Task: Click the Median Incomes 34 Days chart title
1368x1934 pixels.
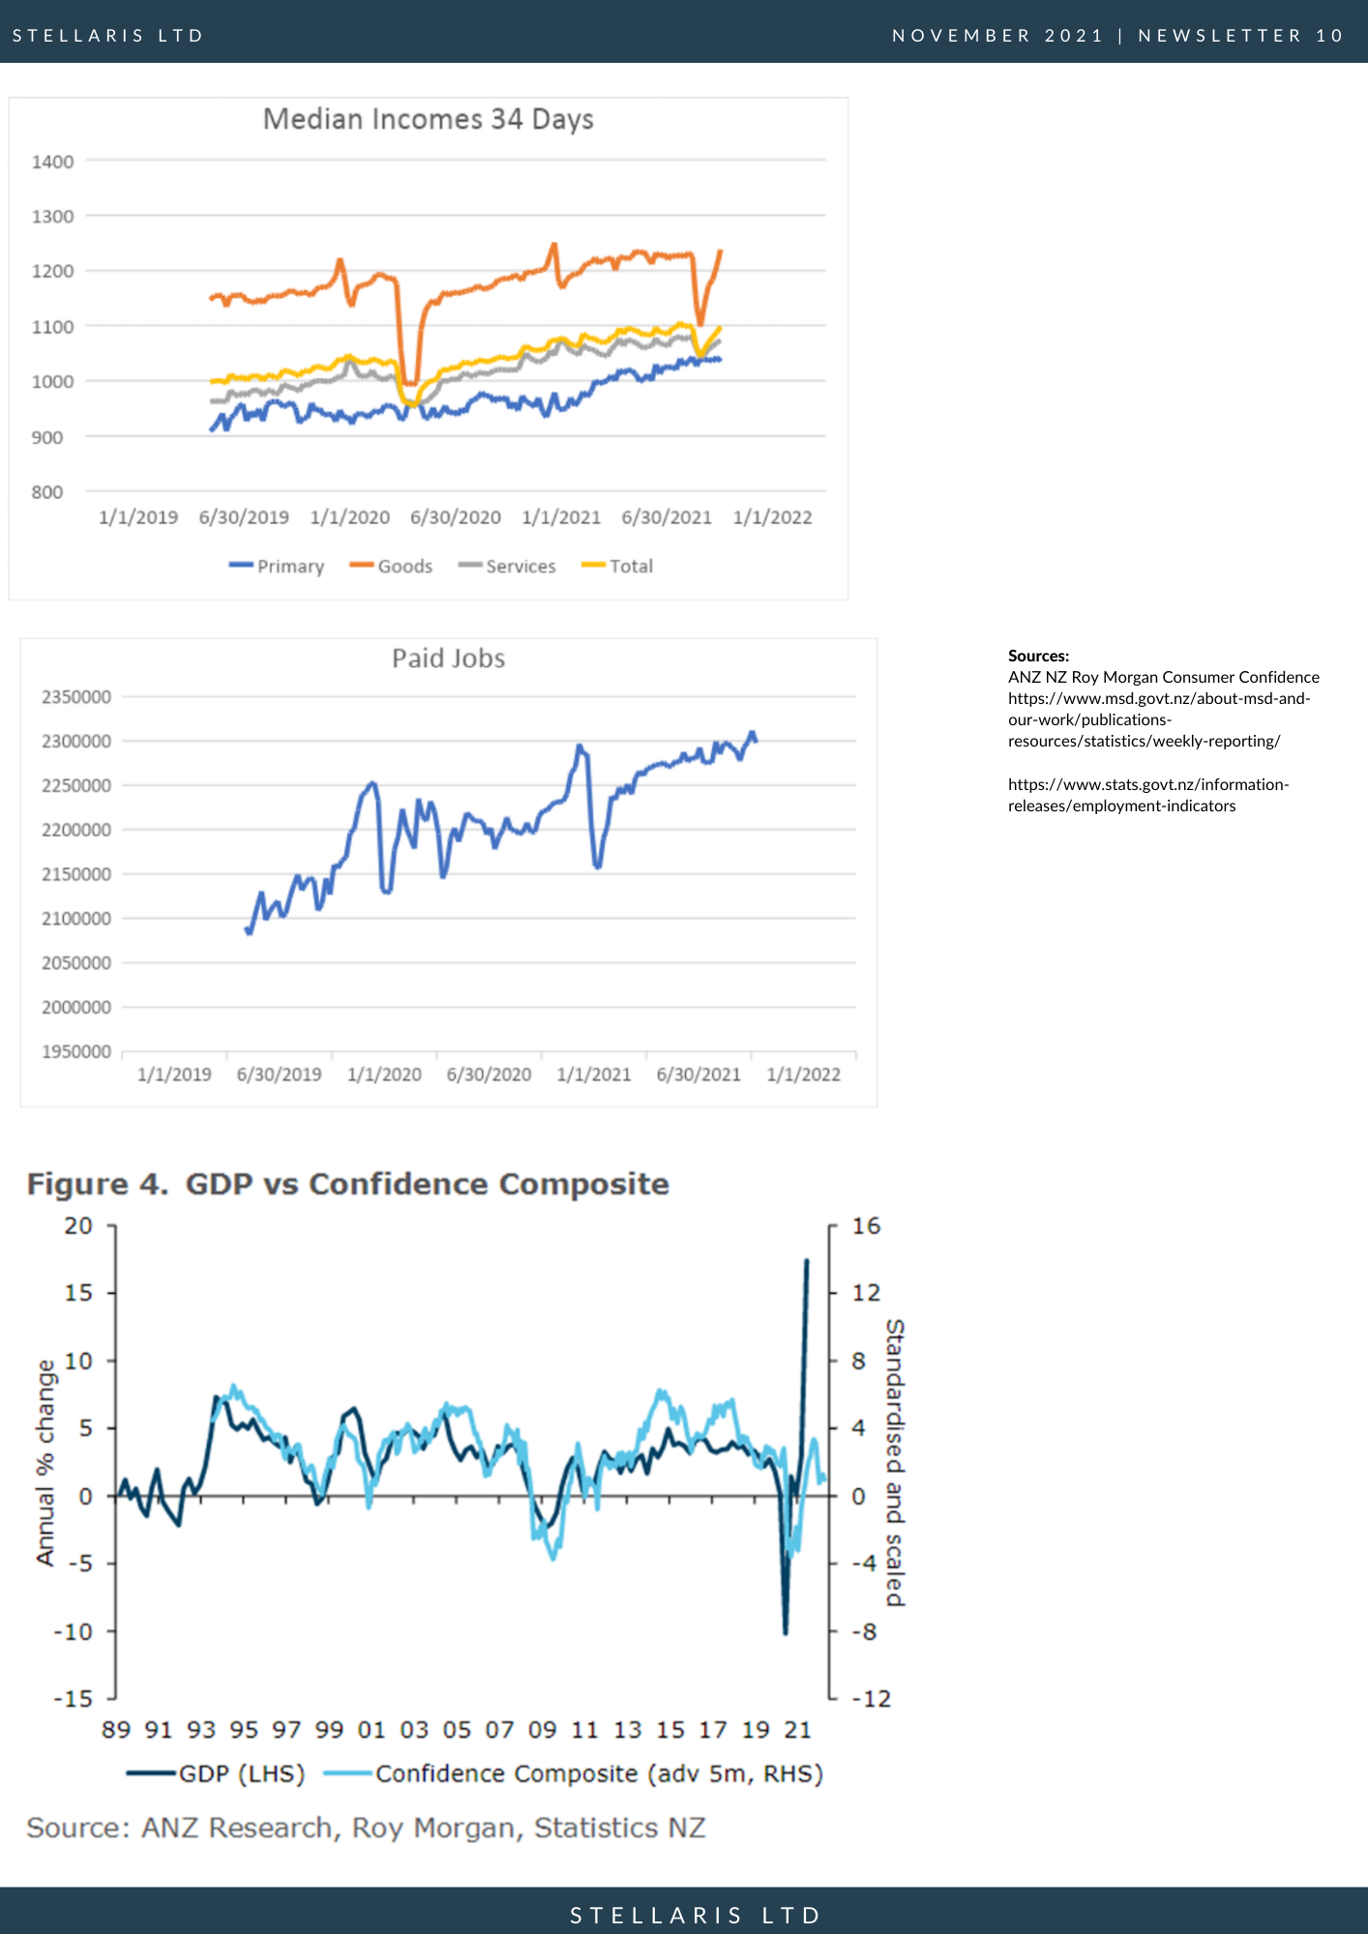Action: [x=428, y=119]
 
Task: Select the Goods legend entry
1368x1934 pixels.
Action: [x=391, y=566]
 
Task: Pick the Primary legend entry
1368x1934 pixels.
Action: [x=277, y=567]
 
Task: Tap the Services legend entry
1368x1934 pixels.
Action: [x=507, y=566]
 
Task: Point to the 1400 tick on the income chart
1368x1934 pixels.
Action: [x=52, y=161]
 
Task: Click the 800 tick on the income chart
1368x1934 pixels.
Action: [x=46, y=492]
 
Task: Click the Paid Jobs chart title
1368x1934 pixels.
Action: [x=449, y=659]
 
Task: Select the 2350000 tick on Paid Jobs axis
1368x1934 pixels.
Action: [x=76, y=697]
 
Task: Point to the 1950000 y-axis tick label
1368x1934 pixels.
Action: [x=76, y=1052]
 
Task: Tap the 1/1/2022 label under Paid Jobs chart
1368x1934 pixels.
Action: [x=804, y=1074]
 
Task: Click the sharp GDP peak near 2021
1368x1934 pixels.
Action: [x=807, y=1261]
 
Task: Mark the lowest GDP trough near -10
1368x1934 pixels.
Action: [x=786, y=1633]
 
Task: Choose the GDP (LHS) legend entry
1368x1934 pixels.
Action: [x=216, y=1774]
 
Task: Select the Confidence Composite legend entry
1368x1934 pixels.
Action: [x=574, y=1774]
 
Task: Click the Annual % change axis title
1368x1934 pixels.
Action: [x=45, y=1462]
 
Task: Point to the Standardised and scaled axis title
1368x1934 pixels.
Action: [x=896, y=1462]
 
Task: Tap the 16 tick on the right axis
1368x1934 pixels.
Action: [x=866, y=1226]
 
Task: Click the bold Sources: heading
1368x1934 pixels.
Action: [x=1038, y=656]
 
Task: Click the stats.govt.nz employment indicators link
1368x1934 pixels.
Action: [x=1148, y=795]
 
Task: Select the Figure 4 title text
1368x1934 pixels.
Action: [x=348, y=1184]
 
